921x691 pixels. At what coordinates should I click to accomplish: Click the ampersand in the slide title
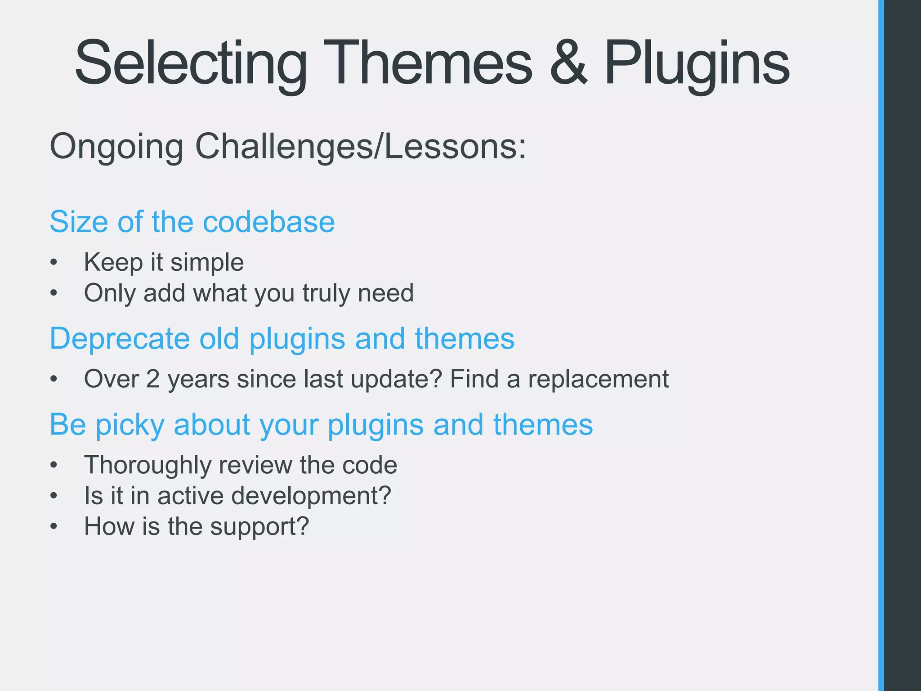coord(568,63)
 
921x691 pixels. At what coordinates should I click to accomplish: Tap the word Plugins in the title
coord(696,63)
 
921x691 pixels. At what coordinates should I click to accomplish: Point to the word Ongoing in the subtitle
coord(116,147)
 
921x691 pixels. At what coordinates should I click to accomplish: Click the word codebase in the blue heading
coord(268,222)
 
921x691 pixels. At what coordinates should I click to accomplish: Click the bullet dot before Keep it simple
coord(54,262)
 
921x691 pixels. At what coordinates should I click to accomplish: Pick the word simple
coord(207,263)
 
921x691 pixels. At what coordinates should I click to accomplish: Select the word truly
coord(326,293)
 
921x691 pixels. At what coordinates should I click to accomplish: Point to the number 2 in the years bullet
coord(153,379)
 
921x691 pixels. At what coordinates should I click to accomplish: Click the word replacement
coord(598,379)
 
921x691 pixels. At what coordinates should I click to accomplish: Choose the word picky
coord(130,425)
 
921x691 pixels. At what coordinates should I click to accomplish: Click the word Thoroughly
coord(148,465)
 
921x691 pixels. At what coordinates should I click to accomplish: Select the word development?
coord(311,496)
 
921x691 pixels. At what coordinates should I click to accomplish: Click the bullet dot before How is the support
coord(54,526)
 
